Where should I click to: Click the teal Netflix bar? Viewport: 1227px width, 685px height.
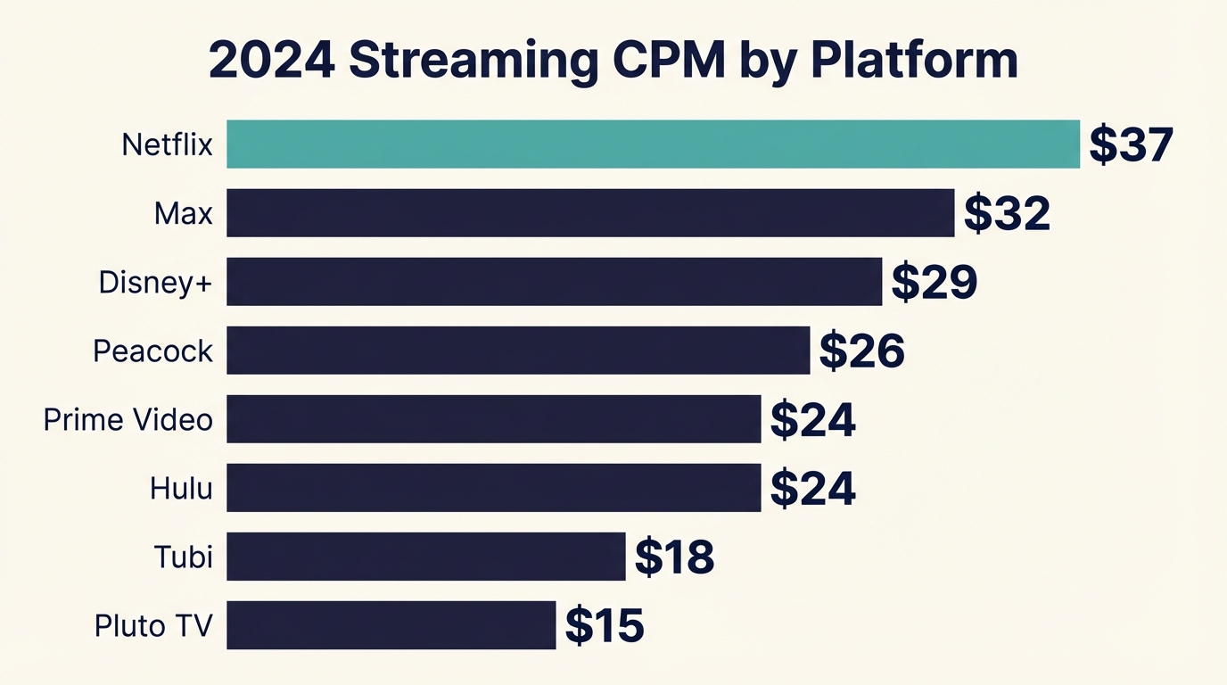(x=653, y=144)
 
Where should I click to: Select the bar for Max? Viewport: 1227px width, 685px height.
(x=590, y=212)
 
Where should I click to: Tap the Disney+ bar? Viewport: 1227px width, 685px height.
(x=554, y=281)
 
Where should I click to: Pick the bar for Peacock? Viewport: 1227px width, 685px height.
(x=518, y=350)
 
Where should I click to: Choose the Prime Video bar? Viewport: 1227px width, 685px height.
(x=493, y=418)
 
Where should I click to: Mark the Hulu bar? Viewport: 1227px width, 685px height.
(x=493, y=487)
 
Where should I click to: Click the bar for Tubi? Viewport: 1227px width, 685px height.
(x=425, y=556)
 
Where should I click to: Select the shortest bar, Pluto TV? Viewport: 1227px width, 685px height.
(x=391, y=624)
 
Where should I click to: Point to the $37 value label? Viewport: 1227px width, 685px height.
(x=1131, y=144)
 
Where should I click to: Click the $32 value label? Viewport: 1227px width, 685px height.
(x=1007, y=213)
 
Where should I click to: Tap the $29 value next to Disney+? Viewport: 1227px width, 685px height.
(x=935, y=282)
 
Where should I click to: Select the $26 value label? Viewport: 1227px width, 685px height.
(x=861, y=351)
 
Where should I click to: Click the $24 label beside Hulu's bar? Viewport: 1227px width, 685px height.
(x=812, y=488)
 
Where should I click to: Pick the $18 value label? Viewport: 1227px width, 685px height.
(x=674, y=557)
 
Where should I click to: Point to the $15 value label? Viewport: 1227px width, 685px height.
(x=604, y=625)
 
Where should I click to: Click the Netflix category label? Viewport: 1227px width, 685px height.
(x=167, y=144)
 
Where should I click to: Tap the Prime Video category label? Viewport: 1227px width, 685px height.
(x=128, y=419)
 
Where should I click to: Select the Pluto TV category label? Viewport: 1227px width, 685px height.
(x=153, y=625)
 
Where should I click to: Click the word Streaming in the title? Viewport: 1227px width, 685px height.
(x=473, y=61)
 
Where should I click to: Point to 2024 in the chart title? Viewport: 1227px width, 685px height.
(x=271, y=61)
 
